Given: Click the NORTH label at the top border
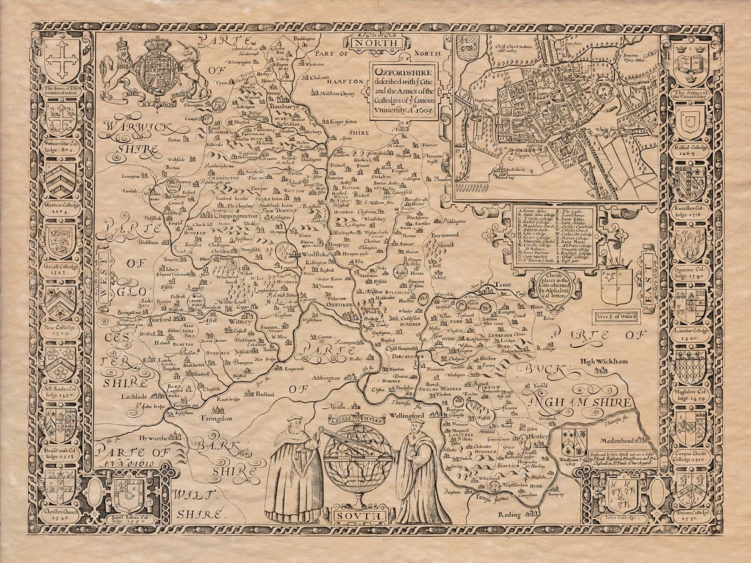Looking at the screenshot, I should click(x=377, y=43).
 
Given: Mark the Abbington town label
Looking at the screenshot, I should click(x=324, y=378).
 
